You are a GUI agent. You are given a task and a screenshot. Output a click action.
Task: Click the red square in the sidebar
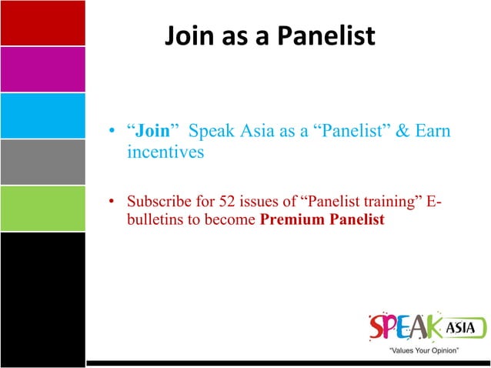click(x=42, y=23)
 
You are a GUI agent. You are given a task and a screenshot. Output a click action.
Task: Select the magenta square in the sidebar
click(x=42, y=69)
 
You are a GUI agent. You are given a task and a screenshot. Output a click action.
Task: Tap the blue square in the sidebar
click(x=42, y=115)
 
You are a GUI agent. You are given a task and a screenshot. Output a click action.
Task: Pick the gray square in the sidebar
click(x=42, y=162)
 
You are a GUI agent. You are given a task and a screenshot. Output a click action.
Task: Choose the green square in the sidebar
click(x=42, y=208)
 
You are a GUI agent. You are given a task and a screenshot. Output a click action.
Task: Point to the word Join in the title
click(x=188, y=35)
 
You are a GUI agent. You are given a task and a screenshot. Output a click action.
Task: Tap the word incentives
click(x=165, y=152)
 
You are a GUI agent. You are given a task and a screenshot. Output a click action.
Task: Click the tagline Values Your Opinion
click(x=424, y=351)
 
